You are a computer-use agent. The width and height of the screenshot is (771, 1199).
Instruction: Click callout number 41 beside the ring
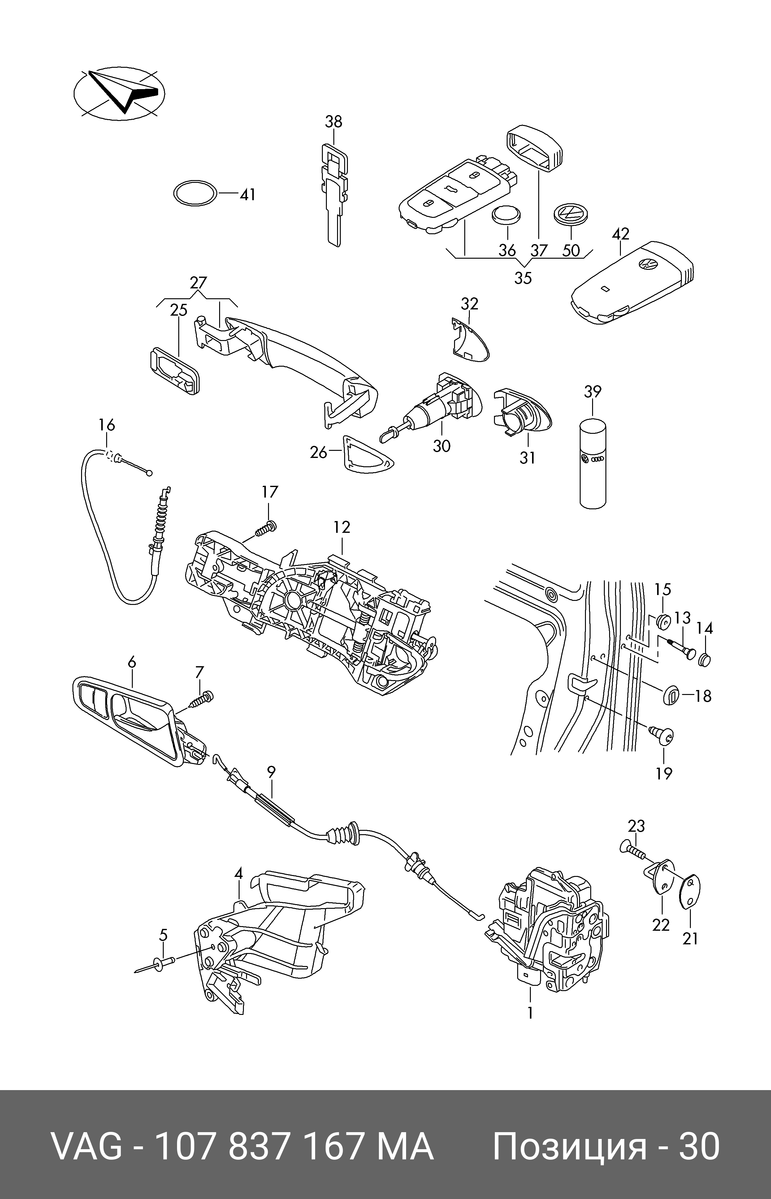[x=247, y=194]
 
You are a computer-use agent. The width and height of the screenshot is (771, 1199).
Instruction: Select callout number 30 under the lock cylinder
[x=442, y=445]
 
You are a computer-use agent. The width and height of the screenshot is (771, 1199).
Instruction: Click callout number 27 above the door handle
[x=198, y=283]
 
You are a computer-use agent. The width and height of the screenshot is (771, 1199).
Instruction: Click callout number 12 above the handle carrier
[x=342, y=527]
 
